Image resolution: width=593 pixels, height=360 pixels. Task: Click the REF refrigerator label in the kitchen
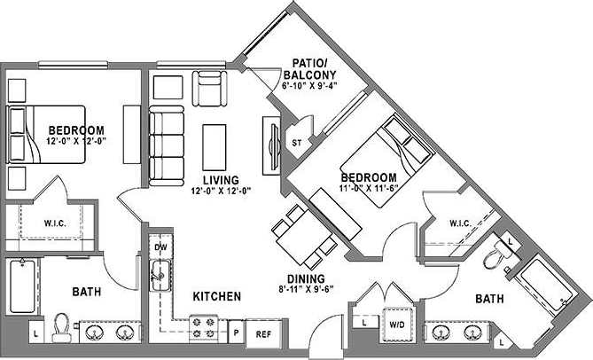tap(263, 335)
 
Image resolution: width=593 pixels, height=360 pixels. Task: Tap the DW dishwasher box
tap(160, 247)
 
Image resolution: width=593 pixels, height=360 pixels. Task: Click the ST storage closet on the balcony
tap(298, 141)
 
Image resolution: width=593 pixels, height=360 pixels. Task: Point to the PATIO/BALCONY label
tap(312, 69)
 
